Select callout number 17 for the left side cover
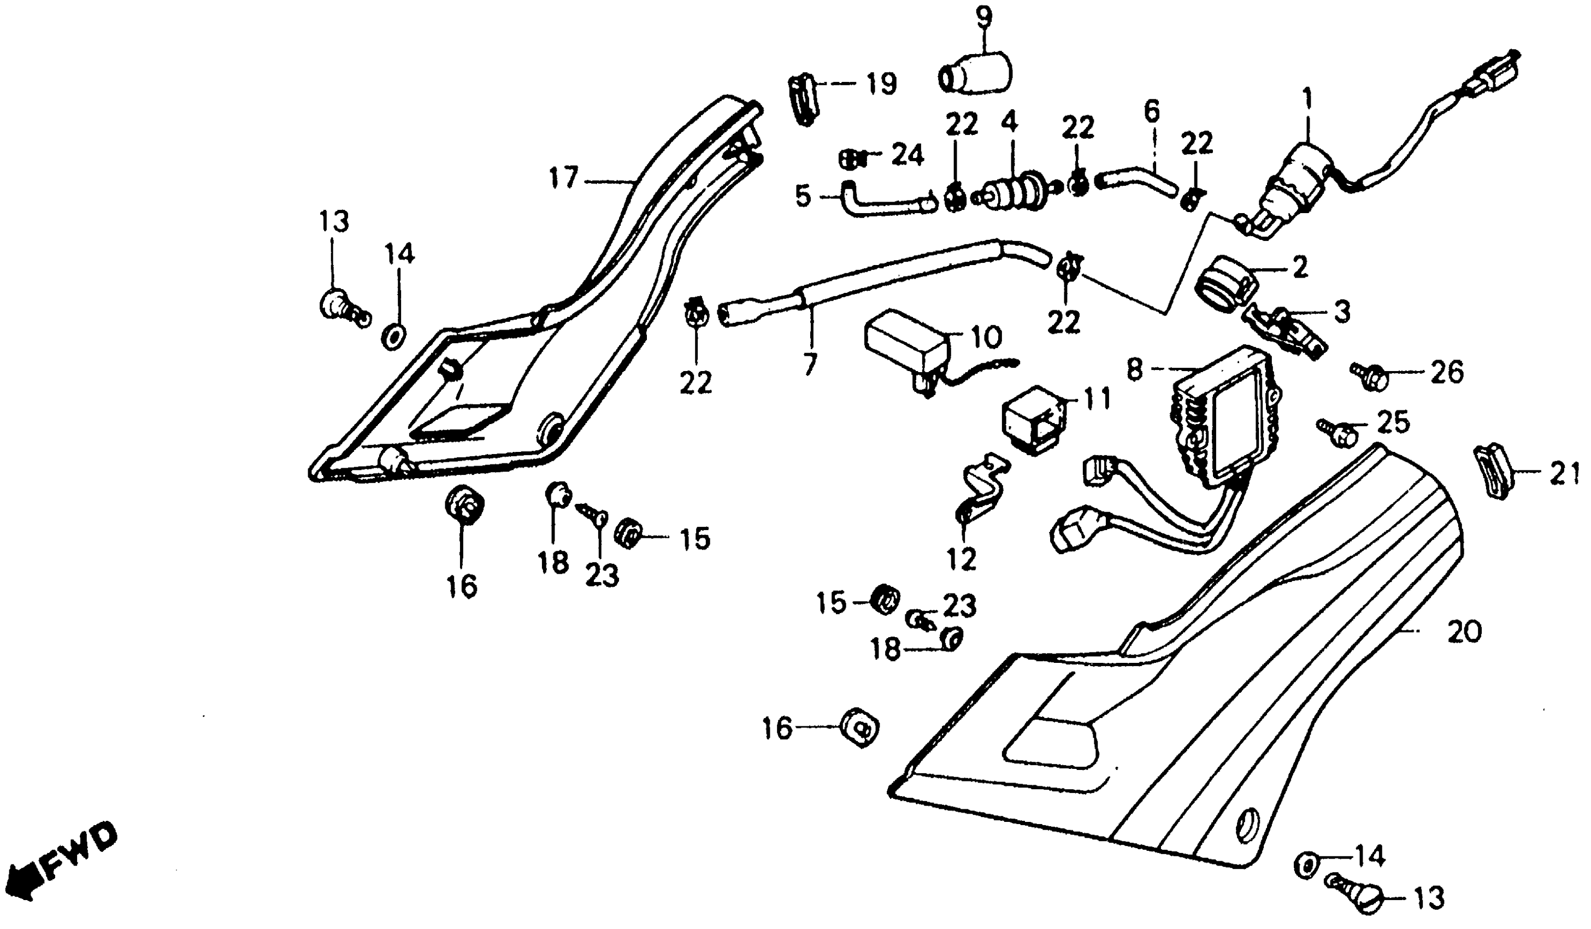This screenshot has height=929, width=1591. coord(563,179)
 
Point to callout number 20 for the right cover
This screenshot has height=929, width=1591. coord(1464,632)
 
